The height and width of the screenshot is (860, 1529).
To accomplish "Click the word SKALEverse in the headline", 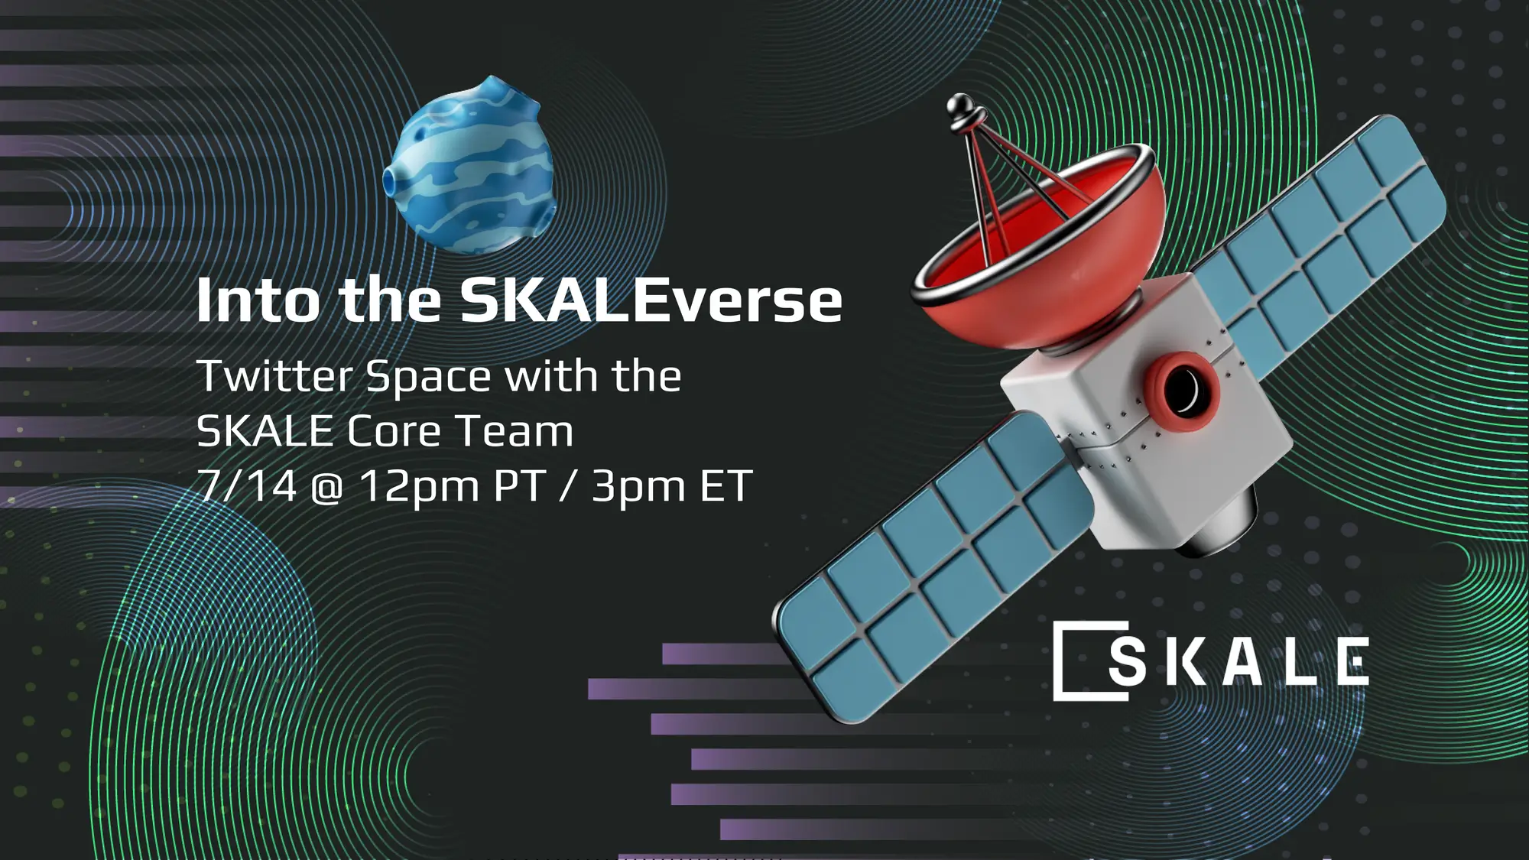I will click(651, 300).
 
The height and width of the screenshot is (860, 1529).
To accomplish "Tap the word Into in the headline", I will click(258, 300).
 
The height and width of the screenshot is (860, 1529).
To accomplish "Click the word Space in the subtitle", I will click(428, 378).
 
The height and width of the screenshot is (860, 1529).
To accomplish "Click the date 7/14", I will click(246, 485).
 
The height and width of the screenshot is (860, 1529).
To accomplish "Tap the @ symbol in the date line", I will click(327, 487).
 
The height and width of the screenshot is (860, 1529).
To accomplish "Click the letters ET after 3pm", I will click(726, 485).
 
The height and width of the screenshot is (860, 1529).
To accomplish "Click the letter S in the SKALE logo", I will click(1127, 661).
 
